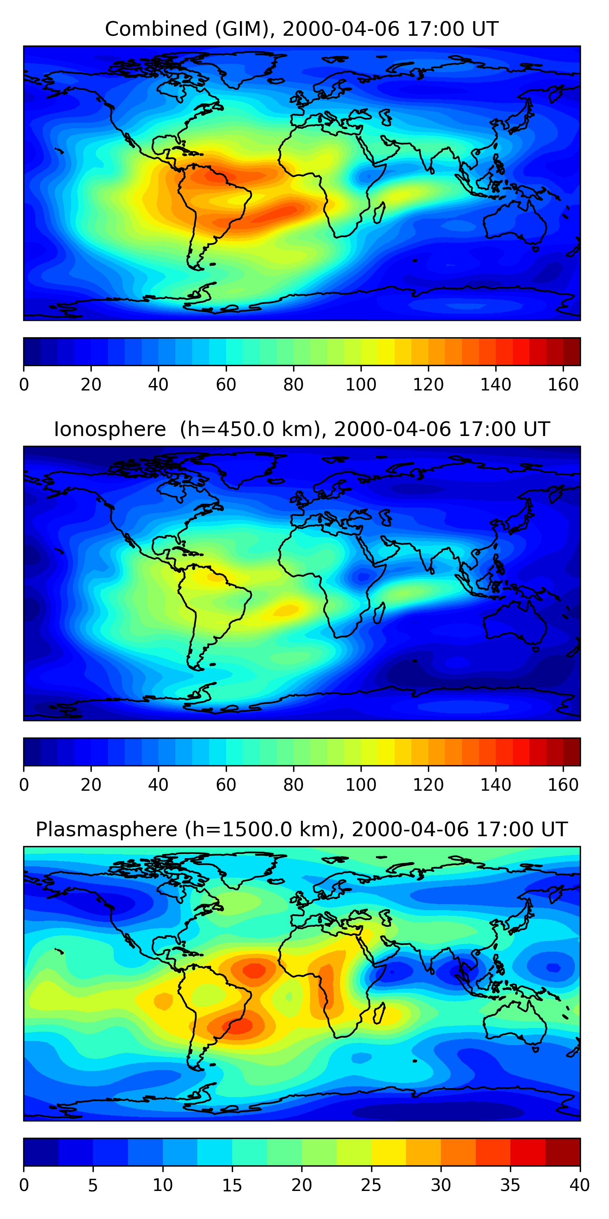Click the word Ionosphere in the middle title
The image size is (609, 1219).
[x=110, y=429]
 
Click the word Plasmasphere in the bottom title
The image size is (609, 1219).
[x=106, y=830]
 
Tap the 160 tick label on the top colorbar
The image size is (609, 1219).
[x=563, y=385]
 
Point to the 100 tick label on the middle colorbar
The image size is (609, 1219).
[x=361, y=785]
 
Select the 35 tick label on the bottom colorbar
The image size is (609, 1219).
[x=510, y=1185]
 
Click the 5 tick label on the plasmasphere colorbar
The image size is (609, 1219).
[x=93, y=1185]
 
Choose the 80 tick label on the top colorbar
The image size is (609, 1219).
[x=293, y=385]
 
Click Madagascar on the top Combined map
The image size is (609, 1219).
[x=379, y=213]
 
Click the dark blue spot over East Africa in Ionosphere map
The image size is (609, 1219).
[x=363, y=576]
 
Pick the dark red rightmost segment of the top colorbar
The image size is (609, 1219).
[x=572, y=351]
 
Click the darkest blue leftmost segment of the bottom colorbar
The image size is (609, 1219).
[x=41, y=1152]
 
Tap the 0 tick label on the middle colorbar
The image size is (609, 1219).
[x=24, y=785]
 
